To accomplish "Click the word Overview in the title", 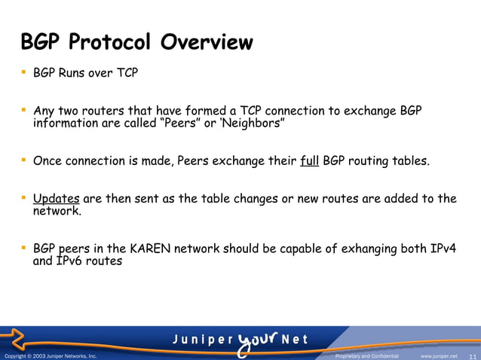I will (x=205, y=42).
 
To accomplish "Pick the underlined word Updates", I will (x=57, y=199).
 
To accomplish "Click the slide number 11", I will (x=473, y=355).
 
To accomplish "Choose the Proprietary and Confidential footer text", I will (x=366, y=355).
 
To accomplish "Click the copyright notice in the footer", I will (x=51, y=355).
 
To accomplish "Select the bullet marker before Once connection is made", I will (x=23, y=159).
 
